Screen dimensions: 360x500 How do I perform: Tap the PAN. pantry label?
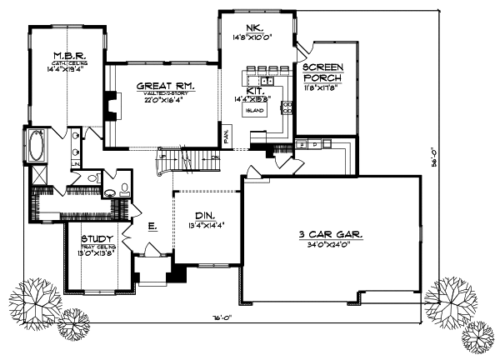[x=227, y=133]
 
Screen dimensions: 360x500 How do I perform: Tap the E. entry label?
[x=153, y=225]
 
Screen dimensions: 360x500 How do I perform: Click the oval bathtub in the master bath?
[x=37, y=147]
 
